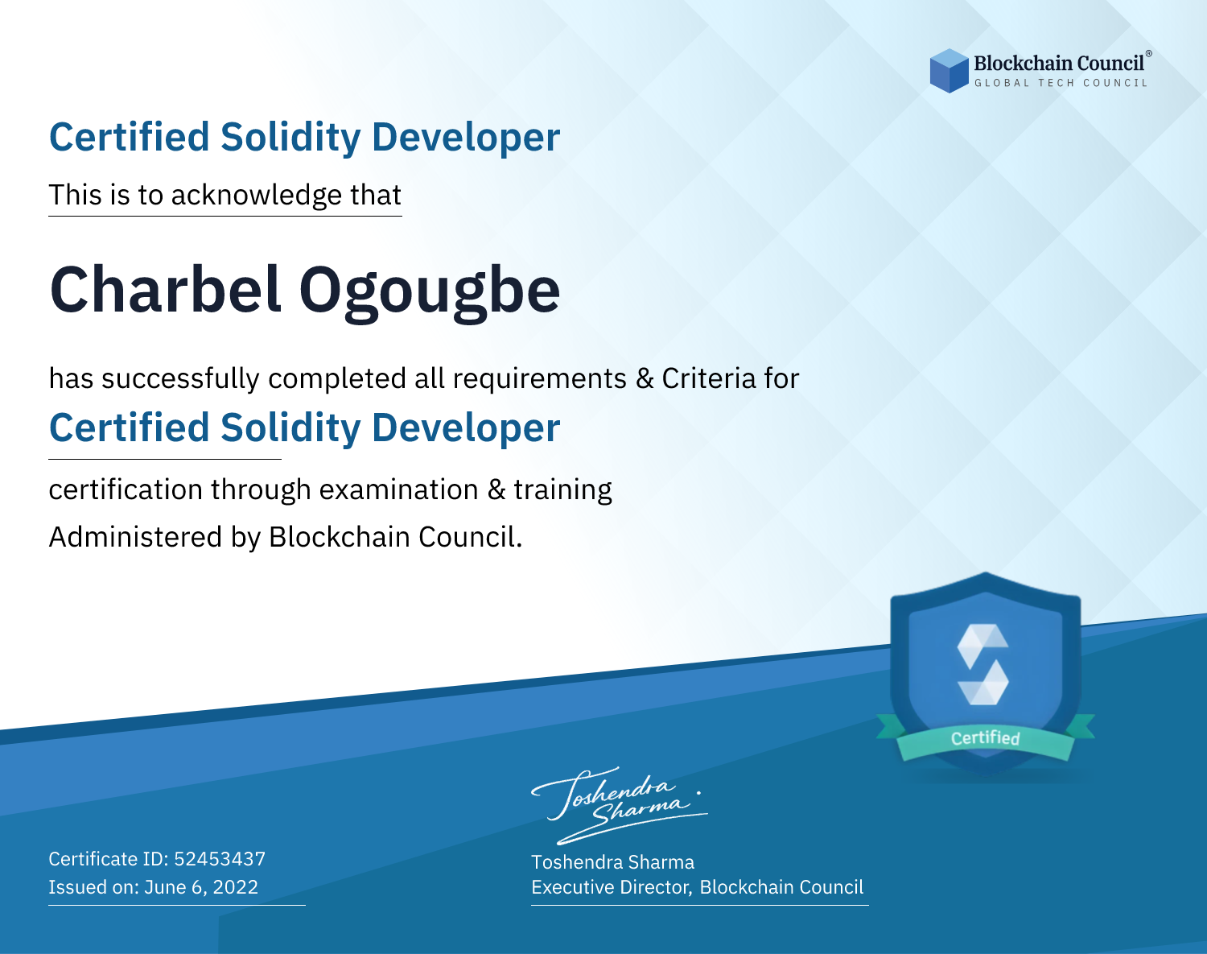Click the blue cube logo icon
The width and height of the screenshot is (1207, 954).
click(x=949, y=71)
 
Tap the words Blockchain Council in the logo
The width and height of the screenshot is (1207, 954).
click(x=1059, y=64)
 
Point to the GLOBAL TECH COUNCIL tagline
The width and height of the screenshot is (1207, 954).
click(x=1061, y=83)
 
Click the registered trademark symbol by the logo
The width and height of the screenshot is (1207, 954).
click(x=1148, y=54)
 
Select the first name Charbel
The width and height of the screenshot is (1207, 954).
click(x=166, y=290)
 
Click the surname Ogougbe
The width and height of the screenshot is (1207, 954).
click(x=429, y=294)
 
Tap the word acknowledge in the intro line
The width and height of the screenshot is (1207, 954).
click(x=256, y=196)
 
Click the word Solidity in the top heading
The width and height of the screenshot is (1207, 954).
click(x=290, y=138)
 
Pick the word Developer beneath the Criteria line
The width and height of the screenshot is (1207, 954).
click(x=466, y=429)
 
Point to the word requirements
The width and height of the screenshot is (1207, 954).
click(x=539, y=379)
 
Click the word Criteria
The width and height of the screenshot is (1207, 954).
click(x=708, y=378)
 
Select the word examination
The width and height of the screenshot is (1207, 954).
click(x=398, y=489)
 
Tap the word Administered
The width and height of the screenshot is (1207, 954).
click(x=135, y=537)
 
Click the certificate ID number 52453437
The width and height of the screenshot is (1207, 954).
click(x=220, y=859)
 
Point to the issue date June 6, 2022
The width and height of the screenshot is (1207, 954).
click(x=201, y=887)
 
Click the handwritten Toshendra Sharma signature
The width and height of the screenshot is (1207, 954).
click(x=620, y=806)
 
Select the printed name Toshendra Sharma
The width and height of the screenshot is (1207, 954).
click(x=612, y=862)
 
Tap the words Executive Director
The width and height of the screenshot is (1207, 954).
click(x=611, y=887)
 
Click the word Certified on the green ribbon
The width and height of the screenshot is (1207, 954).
click(x=985, y=738)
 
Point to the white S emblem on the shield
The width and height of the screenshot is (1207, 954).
click(x=982, y=664)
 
